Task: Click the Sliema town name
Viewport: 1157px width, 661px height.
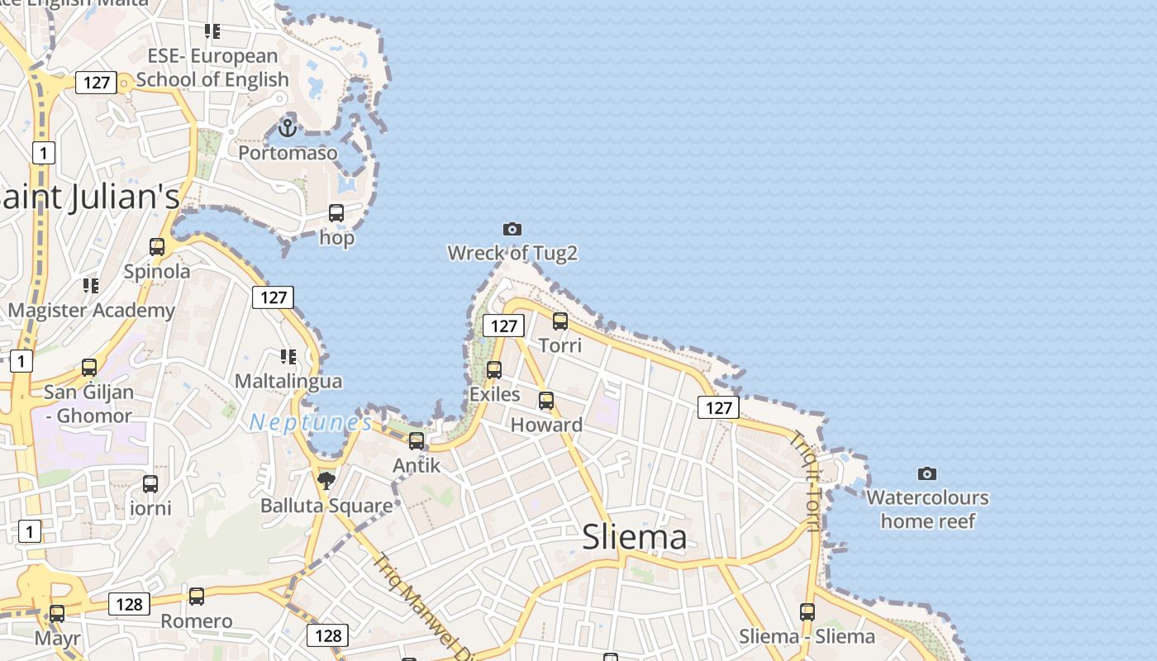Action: [x=635, y=537]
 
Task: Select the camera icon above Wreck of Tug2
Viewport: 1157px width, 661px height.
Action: [x=512, y=229]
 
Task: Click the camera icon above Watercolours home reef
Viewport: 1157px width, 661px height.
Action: [x=927, y=473]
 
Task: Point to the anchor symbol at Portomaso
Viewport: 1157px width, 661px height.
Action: [x=287, y=128]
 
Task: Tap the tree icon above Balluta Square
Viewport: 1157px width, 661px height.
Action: [x=326, y=480]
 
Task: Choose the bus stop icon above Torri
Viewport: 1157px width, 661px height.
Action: [x=560, y=321]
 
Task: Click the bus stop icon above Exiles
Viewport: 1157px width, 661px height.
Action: [x=494, y=370]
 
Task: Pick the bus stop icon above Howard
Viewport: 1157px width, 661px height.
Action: [x=546, y=401]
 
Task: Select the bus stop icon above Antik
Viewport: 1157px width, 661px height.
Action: [x=417, y=441]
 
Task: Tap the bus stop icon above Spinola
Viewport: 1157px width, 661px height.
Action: [x=157, y=246]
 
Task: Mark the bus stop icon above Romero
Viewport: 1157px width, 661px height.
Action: [x=197, y=597]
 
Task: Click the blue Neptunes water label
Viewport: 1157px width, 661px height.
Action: [x=311, y=423]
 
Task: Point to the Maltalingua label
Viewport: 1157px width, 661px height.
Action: [x=288, y=382]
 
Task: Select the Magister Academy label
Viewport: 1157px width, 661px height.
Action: [x=92, y=311]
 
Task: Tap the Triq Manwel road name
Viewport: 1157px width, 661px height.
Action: [x=414, y=603]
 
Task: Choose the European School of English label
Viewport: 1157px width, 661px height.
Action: [x=212, y=68]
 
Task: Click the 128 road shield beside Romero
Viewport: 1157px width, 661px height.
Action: [x=129, y=604]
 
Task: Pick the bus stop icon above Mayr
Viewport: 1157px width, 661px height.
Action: [x=57, y=614]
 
